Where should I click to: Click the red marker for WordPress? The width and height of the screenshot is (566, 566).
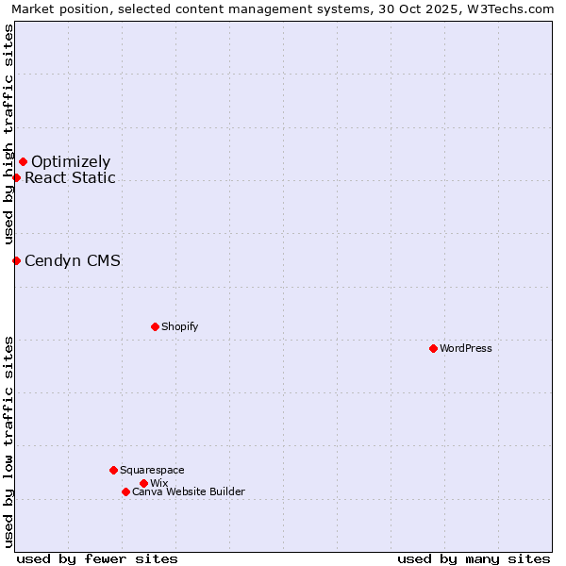coord(433,348)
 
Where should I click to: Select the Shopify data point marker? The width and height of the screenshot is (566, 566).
coord(155,326)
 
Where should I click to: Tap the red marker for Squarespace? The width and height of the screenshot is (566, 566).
coord(113,470)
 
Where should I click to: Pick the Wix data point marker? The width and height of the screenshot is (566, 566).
coord(143,483)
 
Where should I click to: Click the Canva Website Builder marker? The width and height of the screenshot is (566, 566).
coord(125,491)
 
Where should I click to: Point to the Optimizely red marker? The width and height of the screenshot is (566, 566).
coord(23,161)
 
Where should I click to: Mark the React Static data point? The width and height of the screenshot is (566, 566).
coord(16,177)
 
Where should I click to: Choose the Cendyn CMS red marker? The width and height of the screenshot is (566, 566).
coord(16,260)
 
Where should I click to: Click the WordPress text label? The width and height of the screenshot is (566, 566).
coord(466,348)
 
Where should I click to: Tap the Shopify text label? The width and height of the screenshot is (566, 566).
coord(180,326)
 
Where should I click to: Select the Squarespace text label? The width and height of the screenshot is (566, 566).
coord(152,470)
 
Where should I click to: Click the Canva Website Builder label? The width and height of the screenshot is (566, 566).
coord(189,491)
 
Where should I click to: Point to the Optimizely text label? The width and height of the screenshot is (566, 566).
coord(71,161)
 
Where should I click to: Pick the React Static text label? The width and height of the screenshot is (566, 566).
coord(71,177)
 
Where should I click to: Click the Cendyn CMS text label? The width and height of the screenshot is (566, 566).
coord(73,260)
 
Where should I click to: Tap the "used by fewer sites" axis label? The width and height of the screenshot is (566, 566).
coord(97,558)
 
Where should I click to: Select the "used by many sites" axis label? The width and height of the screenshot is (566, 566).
coord(474,558)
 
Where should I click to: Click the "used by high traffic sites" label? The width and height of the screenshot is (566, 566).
coord(8,134)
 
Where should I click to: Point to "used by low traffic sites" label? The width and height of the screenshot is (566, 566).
coord(8,441)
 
